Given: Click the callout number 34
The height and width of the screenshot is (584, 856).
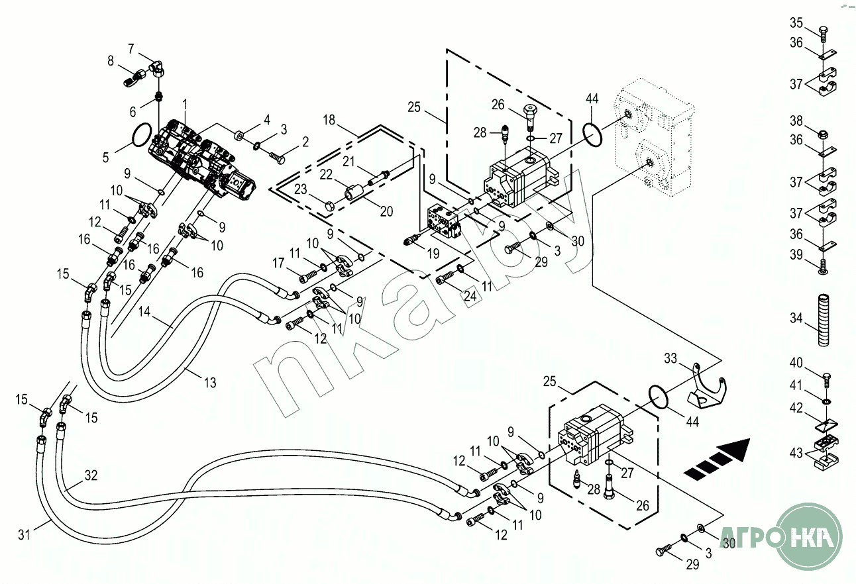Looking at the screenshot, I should click(796, 318).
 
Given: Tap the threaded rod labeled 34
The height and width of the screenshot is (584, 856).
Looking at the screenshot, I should click(824, 320).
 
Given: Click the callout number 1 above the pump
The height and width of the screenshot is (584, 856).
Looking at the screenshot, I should click(185, 104).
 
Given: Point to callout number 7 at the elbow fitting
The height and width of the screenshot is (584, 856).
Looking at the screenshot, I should click(131, 48).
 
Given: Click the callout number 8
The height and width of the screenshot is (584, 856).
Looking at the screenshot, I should click(111, 61).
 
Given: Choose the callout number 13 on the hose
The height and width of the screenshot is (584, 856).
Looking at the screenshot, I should click(210, 382).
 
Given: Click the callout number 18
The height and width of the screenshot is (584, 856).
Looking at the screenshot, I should click(330, 119).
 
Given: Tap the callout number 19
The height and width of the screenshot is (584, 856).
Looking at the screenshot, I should click(434, 253).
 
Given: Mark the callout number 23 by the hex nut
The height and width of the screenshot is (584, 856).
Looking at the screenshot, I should click(301, 189).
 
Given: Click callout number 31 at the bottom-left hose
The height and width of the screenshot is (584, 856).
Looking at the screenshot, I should click(25, 534).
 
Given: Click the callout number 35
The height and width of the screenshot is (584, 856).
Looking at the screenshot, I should click(796, 23).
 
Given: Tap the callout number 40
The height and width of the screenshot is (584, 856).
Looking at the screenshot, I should click(796, 362).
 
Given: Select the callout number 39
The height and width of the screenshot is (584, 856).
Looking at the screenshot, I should click(796, 255).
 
